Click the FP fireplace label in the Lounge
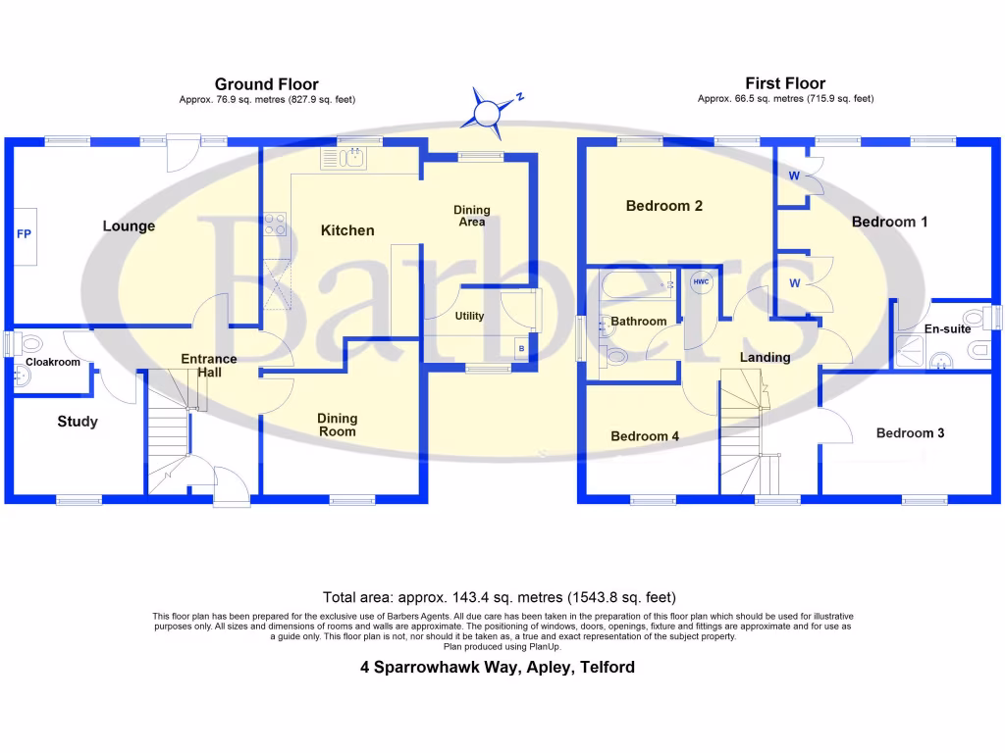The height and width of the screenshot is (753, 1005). click(23, 234)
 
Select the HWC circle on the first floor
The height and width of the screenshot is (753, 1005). click(700, 282)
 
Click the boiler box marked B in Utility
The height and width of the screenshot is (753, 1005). click(520, 348)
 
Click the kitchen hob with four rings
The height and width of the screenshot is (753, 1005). click(276, 225)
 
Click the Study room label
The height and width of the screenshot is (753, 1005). click(78, 422)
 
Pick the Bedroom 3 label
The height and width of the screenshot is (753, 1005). click(910, 432)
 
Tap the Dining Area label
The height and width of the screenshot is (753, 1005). click(471, 216)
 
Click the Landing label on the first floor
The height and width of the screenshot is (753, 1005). click(765, 357)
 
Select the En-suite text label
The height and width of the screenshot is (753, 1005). click(947, 328)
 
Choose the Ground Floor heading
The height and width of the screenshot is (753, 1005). click(266, 84)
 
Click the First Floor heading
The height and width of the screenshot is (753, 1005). click(785, 83)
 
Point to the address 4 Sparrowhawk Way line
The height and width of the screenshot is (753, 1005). click(497, 668)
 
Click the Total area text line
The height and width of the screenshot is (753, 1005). click(499, 596)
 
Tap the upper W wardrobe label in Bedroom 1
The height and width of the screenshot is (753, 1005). click(794, 176)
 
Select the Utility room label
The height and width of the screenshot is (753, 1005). click(469, 316)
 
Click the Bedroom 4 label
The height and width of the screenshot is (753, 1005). click(645, 436)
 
